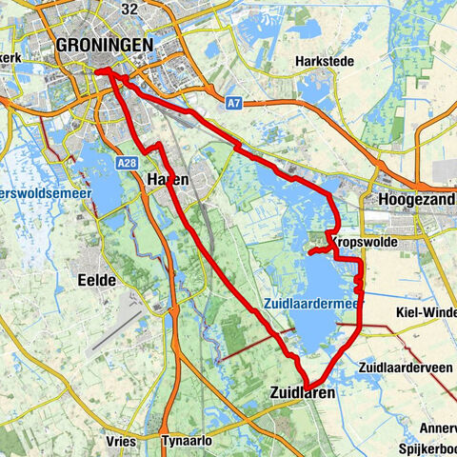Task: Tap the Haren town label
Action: tap(168, 179)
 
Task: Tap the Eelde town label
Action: tap(97, 280)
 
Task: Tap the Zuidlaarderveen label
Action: tap(403, 367)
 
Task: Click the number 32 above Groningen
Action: tap(130, 9)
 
